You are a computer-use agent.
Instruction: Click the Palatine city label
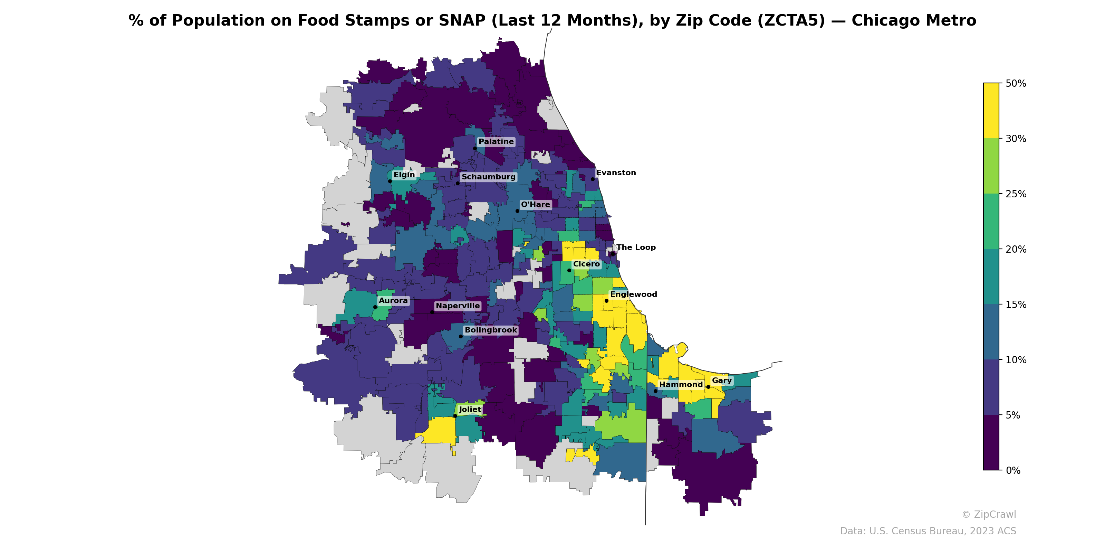click(496, 142)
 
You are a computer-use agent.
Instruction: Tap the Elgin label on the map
click(404, 175)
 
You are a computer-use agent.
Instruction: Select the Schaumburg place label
click(488, 177)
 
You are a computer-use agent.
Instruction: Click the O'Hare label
click(535, 204)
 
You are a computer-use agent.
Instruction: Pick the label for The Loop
click(636, 247)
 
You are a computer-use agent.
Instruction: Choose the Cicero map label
click(586, 264)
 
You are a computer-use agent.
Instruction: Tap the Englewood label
click(633, 294)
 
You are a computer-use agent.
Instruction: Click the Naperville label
click(458, 306)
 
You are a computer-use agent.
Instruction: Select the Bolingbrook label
click(491, 330)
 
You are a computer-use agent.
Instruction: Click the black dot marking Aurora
click(375, 307)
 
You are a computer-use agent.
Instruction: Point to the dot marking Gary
click(708, 387)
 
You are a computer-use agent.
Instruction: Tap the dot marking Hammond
click(655, 391)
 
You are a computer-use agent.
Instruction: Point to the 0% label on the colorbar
click(1013, 470)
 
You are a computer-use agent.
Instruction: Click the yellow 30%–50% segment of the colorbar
click(991, 111)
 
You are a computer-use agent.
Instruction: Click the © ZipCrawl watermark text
click(989, 514)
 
